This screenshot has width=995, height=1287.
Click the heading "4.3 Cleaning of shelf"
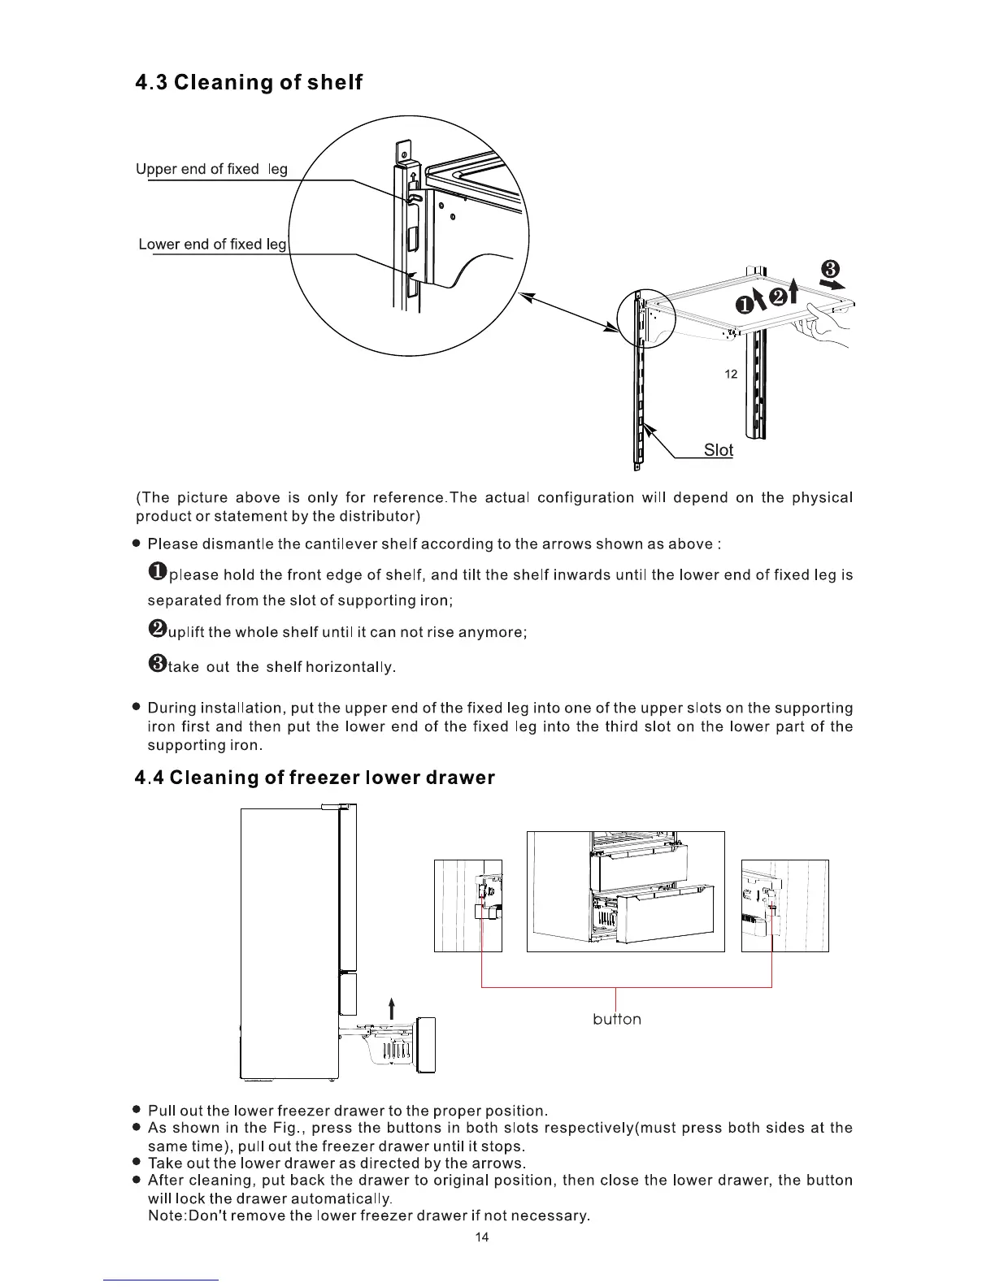[249, 83]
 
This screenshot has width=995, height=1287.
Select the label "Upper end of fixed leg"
[211, 169]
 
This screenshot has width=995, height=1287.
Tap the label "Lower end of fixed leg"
[213, 244]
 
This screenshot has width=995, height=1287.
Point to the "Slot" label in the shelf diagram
[718, 450]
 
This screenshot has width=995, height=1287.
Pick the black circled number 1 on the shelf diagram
[745, 305]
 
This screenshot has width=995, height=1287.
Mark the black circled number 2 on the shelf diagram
[777, 297]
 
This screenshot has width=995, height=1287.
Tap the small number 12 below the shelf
[730, 374]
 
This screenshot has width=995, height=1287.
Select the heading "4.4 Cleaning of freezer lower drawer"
[315, 778]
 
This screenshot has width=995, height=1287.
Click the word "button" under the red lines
[617, 1019]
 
